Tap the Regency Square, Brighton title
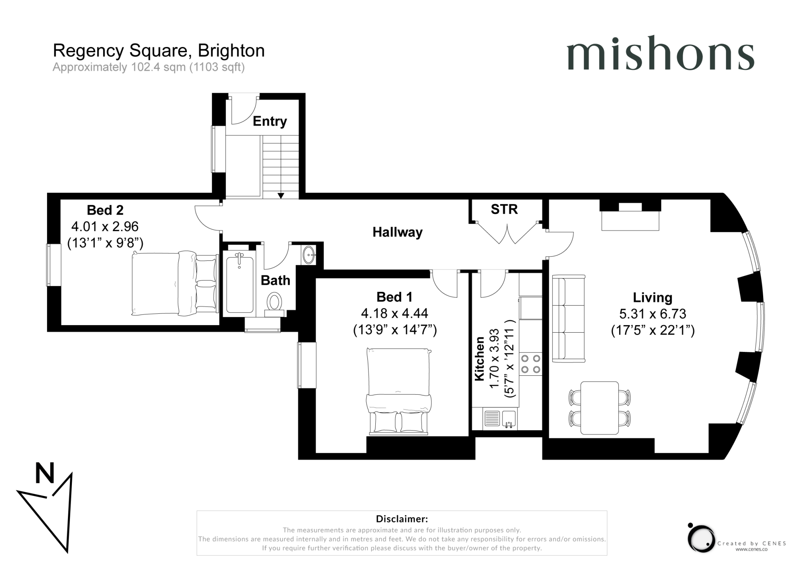(x=159, y=51)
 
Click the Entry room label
(x=270, y=121)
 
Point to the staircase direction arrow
(x=281, y=195)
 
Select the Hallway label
(x=397, y=232)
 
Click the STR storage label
(x=504, y=209)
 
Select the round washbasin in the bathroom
(x=309, y=255)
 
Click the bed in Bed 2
(x=174, y=283)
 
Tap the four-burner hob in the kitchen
(x=530, y=364)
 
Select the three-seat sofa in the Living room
(x=568, y=319)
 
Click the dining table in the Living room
(x=599, y=408)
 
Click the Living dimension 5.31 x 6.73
(x=652, y=314)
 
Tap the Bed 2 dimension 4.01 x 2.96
(x=105, y=226)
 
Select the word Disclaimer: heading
(x=402, y=519)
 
